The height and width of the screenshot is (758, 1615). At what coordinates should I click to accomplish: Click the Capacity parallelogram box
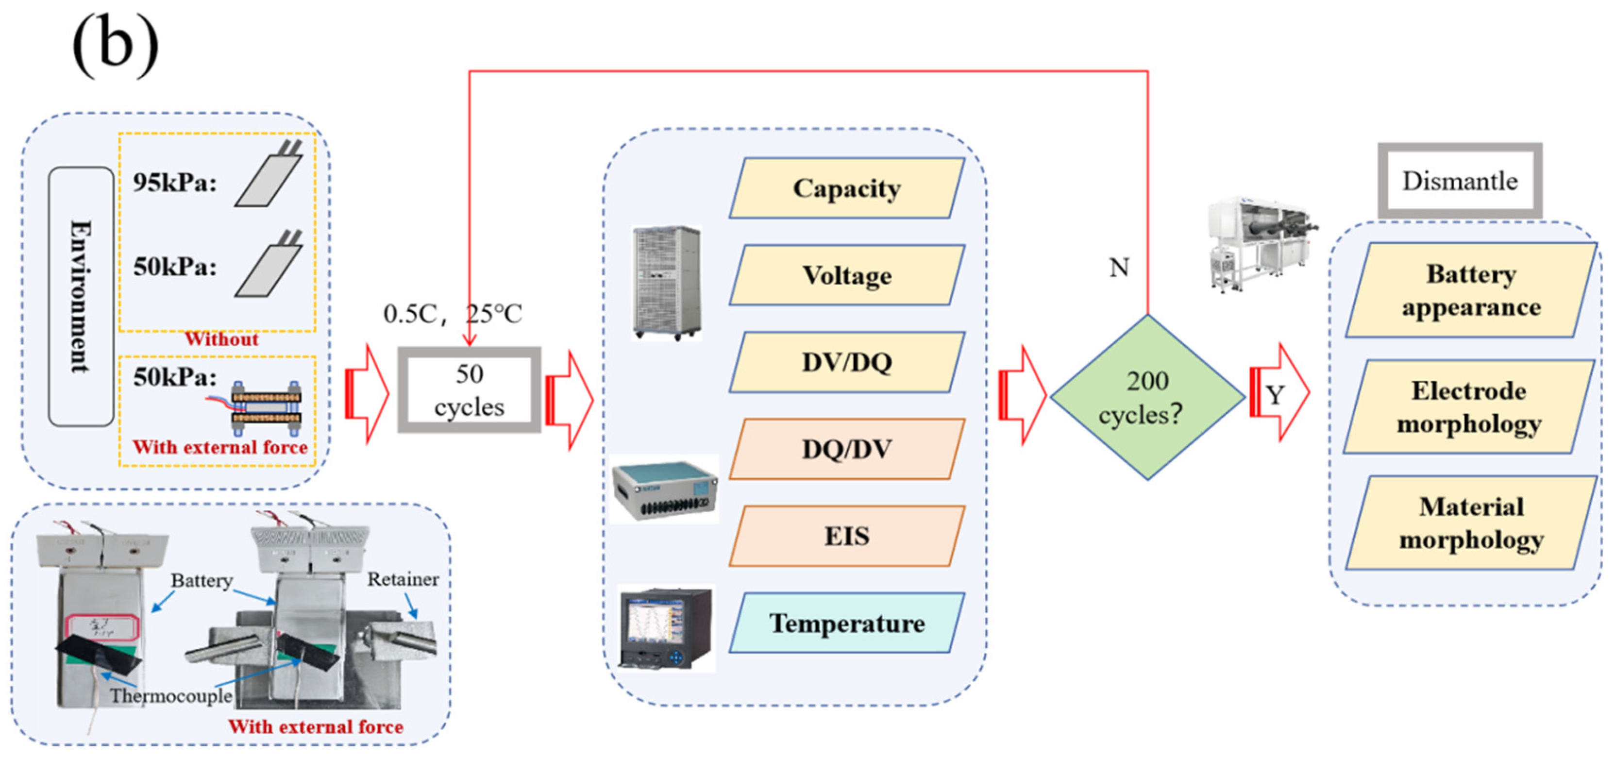(846, 188)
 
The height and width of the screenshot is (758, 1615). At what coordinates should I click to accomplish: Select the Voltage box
(846, 275)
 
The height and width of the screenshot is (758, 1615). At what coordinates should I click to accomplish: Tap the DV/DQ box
(846, 362)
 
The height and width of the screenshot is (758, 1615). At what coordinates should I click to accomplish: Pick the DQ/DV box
(846, 449)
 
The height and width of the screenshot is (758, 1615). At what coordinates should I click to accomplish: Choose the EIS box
(846, 536)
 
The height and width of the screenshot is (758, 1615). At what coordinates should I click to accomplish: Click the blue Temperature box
(846, 623)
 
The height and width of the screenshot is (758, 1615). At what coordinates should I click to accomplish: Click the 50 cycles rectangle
(469, 390)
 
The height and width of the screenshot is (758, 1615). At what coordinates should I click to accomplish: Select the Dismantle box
(1460, 181)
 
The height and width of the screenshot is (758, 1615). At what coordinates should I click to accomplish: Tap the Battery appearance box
(1470, 290)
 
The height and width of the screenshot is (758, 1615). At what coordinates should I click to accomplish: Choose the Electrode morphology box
(1468, 407)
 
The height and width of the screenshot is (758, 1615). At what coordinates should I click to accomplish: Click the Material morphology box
(1470, 523)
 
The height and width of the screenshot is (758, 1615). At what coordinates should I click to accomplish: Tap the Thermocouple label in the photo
(170, 696)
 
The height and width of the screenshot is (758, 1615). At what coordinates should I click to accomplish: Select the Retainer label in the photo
(403, 579)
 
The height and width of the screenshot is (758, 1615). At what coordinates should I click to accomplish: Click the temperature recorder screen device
(666, 629)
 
